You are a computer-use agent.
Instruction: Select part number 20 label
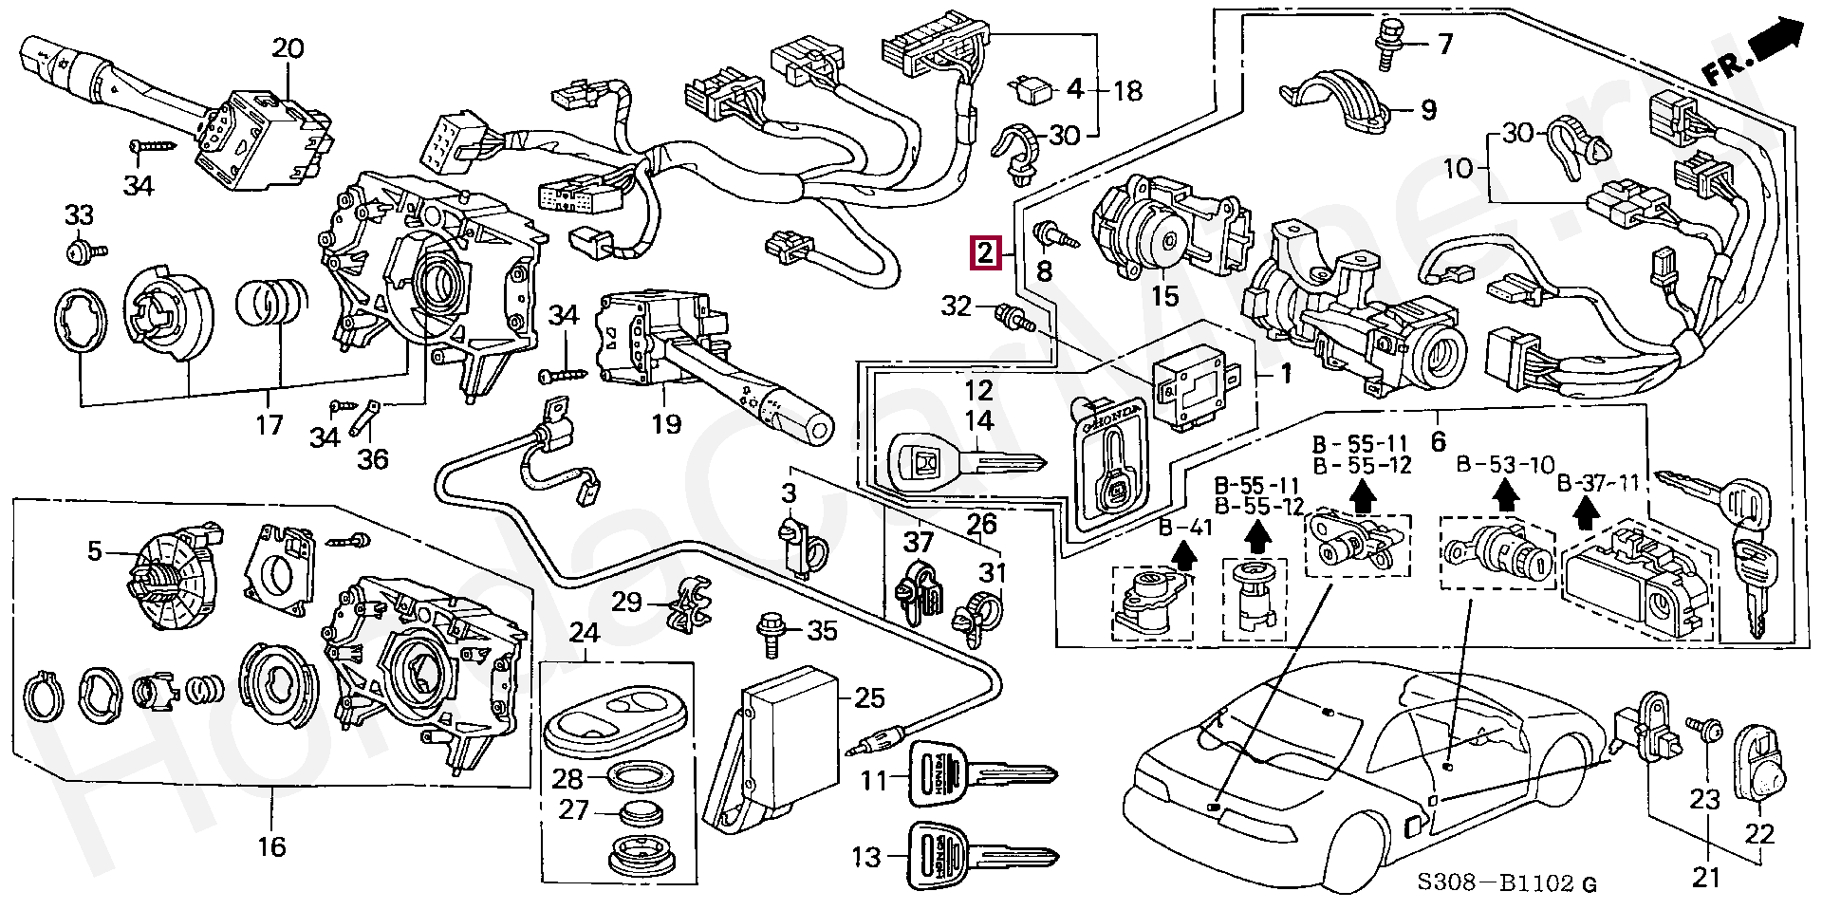[288, 48]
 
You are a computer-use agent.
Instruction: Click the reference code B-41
[1185, 528]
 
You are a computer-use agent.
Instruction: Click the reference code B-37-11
[1599, 484]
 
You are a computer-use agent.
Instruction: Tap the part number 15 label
[1164, 296]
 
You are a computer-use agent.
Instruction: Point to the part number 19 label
[666, 423]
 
